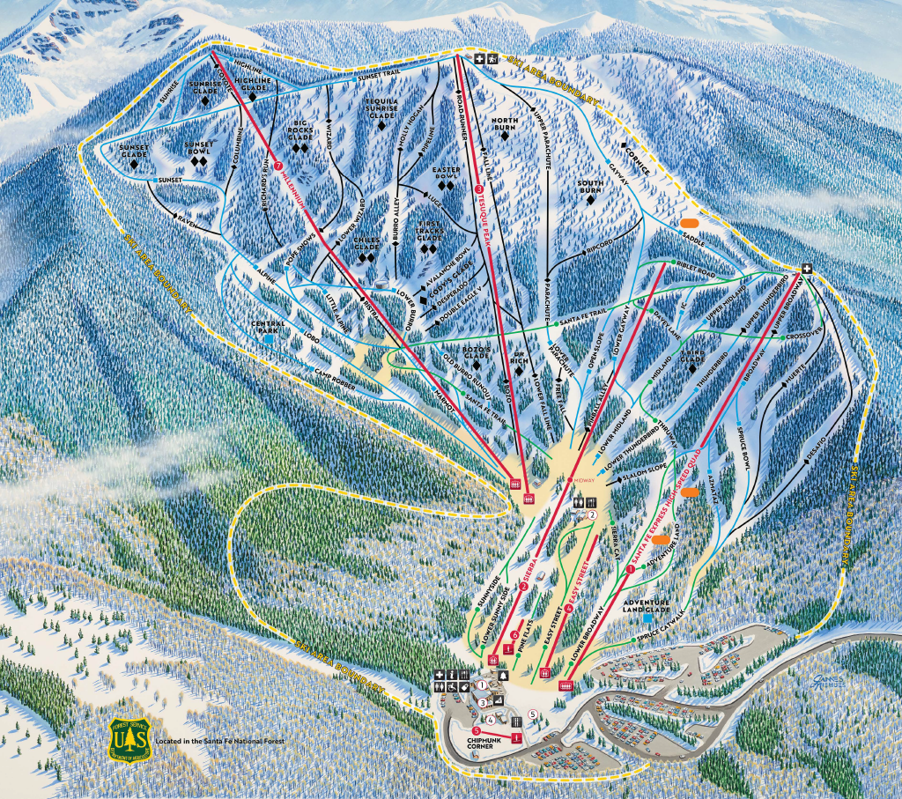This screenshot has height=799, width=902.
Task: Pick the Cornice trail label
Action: (636, 163)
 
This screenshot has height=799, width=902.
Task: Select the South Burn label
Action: (590, 188)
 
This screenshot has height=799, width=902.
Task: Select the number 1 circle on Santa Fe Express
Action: (629, 570)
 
